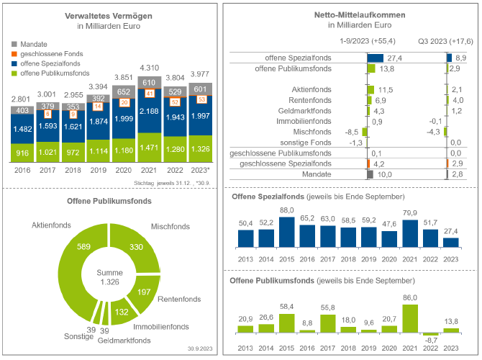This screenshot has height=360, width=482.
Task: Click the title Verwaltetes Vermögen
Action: click(108, 14)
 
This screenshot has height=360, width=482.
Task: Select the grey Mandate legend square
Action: click(15, 44)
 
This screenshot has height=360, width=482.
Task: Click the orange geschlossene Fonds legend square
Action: click(15, 54)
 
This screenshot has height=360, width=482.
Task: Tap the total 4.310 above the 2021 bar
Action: click(148, 67)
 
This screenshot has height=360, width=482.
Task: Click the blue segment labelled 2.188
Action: click(148, 112)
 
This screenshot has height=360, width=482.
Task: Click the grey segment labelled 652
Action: click(123, 91)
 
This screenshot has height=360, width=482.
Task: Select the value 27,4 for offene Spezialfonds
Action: click(394, 58)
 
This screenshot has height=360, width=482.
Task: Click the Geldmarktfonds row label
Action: click(304, 111)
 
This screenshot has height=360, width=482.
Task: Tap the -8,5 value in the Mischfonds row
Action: click(352, 132)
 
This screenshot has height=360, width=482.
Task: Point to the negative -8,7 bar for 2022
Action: click(431, 334)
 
